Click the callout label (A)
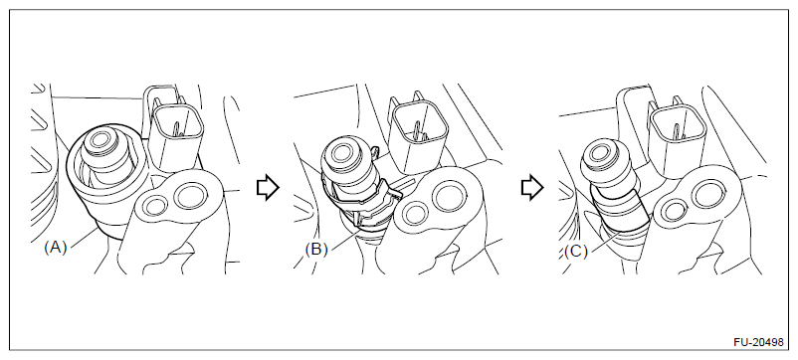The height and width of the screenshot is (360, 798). click(x=56, y=248)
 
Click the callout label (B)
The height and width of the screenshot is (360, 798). click(x=316, y=250)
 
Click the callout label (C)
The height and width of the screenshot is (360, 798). click(x=576, y=252)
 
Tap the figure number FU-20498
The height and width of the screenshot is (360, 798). click(x=758, y=343)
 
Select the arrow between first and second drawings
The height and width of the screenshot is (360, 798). click(x=268, y=188)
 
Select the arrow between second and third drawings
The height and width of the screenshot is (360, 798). click(x=532, y=188)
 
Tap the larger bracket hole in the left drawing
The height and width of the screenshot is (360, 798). click(x=191, y=196)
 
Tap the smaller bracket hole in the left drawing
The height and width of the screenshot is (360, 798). click(x=154, y=206)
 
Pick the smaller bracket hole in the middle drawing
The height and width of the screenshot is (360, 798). click(x=414, y=211)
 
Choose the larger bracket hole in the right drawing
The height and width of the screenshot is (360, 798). click(x=706, y=194)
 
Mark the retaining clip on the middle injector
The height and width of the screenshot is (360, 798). click(x=363, y=204)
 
